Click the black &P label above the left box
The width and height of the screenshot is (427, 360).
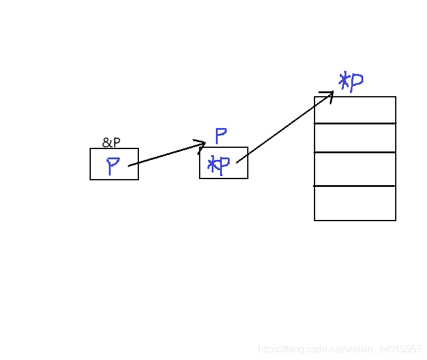click(111, 142)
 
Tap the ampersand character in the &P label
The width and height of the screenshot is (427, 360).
click(106, 142)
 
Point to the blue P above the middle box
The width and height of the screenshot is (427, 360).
click(220, 136)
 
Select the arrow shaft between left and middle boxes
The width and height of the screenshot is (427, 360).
click(162, 155)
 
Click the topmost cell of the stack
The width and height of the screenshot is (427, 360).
click(355, 110)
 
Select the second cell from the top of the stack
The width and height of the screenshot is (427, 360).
click(355, 138)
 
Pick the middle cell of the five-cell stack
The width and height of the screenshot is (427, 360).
click(355, 169)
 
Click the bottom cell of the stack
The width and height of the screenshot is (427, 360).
click(355, 204)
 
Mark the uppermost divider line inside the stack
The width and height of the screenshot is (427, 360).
click(355, 123)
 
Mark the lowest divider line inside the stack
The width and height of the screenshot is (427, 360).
click(355, 186)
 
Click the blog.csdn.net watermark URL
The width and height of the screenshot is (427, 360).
click(340, 349)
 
